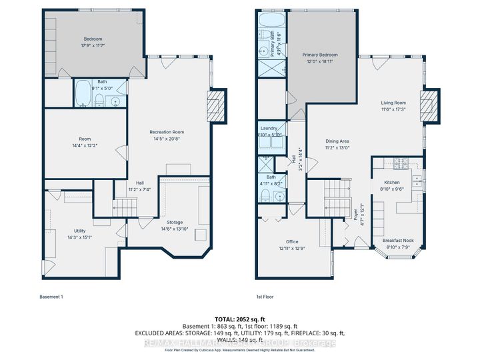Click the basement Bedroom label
(x=93, y=39)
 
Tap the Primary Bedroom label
(x=319, y=55)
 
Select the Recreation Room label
(x=167, y=133)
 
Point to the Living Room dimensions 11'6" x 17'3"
(x=393, y=109)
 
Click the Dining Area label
(x=337, y=141)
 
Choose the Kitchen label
(x=391, y=181)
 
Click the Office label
(x=292, y=242)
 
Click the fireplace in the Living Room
(x=433, y=105)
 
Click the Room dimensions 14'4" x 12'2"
(x=85, y=145)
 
